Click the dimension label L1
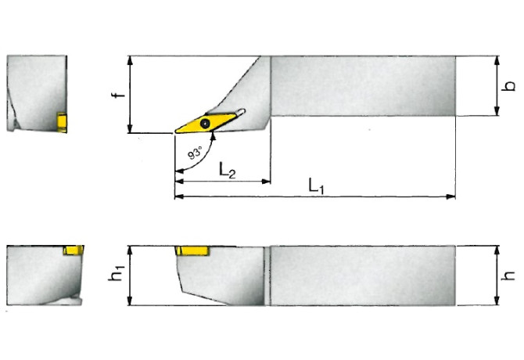click(316, 186)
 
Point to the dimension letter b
click(508, 86)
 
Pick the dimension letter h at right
click(508, 275)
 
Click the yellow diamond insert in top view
click(205, 123)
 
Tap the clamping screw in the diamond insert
click(204, 123)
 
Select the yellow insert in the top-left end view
click(62, 121)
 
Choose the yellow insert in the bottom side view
click(192, 250)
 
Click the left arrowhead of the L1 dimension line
click(178, 196)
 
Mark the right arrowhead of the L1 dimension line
click(451, 196)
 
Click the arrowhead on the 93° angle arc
click(213, 135)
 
